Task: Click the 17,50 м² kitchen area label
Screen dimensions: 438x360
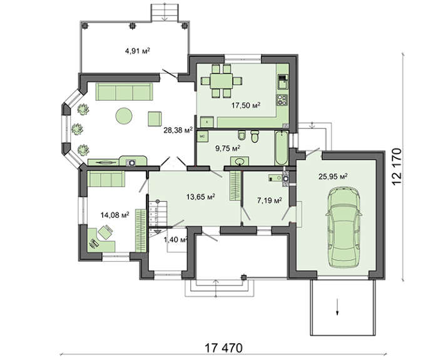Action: pyautogui.click(x=246, y=105)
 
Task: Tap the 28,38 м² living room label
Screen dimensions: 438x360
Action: pyautogui.click(x=178, y=130)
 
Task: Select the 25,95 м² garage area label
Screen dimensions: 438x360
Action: pyautogui.click(x=333, y=177)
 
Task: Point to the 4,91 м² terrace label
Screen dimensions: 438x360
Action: pyautogui.click(x=138, y=51)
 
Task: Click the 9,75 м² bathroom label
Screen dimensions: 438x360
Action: pyautogui.click(x=228, y=148)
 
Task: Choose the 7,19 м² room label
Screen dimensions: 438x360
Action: pyautogui.click(x=269, y=200)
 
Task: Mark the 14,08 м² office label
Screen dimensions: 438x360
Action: pyautogui.click(x=115, y=215)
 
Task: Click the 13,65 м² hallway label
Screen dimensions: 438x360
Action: pyautogui.click(x=201, y=197)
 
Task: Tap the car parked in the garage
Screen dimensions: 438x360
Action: pyautogui.click(x=344, y=229)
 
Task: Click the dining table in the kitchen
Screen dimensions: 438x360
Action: pyautogui.click(x=222, y=81)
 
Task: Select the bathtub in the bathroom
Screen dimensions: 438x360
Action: pyautogui.click(x=281, y=148)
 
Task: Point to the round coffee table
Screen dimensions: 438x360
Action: pyautogui.click(x=124, y=116)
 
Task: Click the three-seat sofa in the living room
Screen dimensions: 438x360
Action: pyautogui.click(x=125, y=91)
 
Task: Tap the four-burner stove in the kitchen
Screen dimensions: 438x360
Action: pyautogui.click(x=282, y=100)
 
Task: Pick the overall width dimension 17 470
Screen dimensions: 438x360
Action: pyautogui.click(x=224, y=348)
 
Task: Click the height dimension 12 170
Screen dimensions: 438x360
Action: pyautogui.click(x=397, y=167)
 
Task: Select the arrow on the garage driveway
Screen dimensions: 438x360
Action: pyautogui.click(x=337, y=307)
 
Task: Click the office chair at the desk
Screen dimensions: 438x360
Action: pyautogui.click(x=105, y=232)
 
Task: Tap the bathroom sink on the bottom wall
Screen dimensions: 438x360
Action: pyautogui.click(x=240, y=162)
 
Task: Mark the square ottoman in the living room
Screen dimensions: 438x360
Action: pyautogui.click(x=155, y=119)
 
